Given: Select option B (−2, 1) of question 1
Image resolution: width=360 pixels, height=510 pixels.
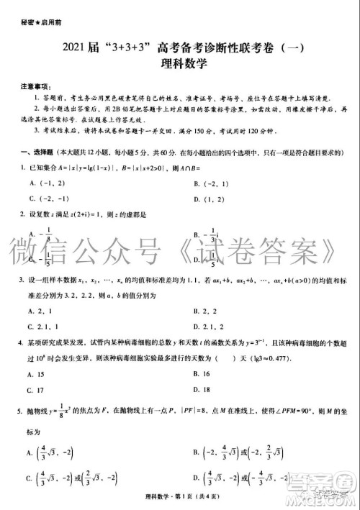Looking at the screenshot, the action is pos(210,183).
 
